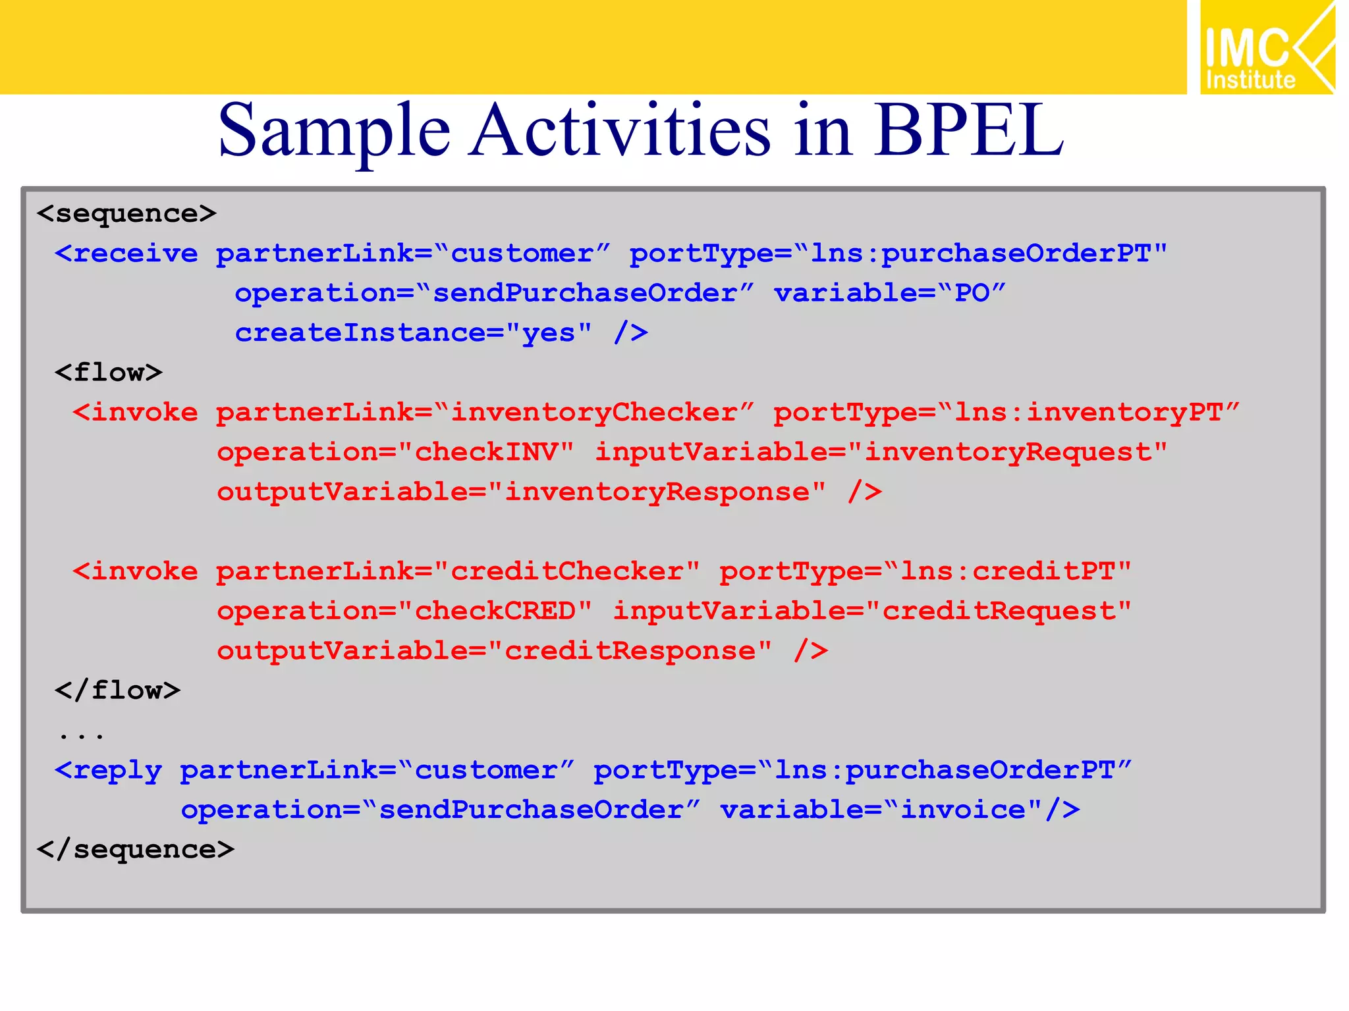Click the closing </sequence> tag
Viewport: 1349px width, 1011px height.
point(136,850)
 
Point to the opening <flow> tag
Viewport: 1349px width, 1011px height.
point(109,373)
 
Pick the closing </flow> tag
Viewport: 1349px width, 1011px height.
point(117,690)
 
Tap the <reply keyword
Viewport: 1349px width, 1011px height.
point(109,770)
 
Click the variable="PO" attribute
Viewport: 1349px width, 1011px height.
point(889,294)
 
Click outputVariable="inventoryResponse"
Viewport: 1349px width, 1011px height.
point(521,492)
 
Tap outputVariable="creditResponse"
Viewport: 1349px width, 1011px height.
point(494,651)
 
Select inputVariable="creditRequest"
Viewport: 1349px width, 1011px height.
point(872,611)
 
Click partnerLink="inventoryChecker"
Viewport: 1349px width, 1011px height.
point(485,413)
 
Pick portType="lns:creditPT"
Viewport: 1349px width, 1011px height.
point(925,571)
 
